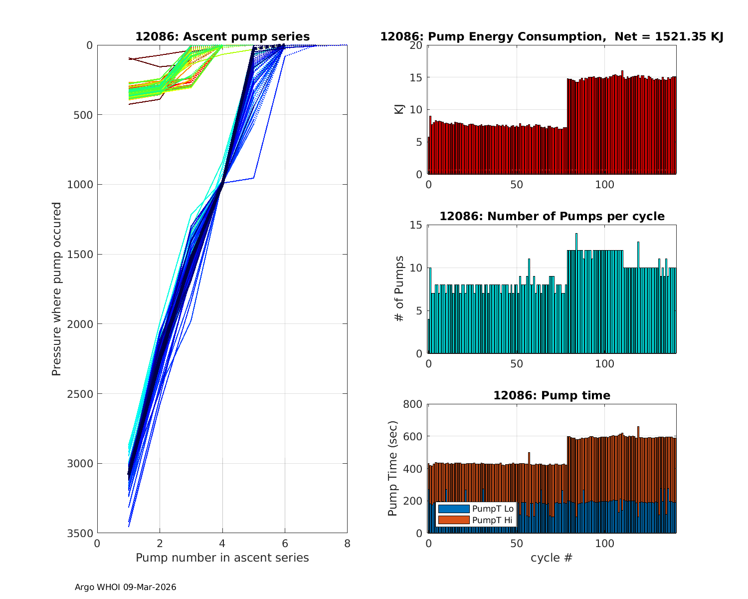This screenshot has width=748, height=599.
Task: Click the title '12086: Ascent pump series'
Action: [x=222, y=37]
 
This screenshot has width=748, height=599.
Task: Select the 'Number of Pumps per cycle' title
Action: [x=552, y=217]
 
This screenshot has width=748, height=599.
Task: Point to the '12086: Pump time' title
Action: [x=552, y=396]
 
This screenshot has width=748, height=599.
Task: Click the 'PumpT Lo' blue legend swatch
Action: [x=453, y=509]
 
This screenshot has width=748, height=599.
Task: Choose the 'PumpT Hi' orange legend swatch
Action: [x=453, y=520]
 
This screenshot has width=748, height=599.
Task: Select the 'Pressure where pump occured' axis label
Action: [x=56, y=289]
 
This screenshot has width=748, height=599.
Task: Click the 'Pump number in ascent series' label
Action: [x=222, y=558]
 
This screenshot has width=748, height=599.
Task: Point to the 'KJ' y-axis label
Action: [x=399, y=109]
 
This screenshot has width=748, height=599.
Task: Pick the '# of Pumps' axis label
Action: [x=399, y=289]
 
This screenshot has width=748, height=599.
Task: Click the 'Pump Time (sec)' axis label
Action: [x=392, y=469]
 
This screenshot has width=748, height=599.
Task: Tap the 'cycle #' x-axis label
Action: [x=552, y=558]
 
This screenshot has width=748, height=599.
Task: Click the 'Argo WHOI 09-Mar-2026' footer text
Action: [x=125, y=588]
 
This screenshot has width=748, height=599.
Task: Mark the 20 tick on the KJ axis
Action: [x=416, y=45]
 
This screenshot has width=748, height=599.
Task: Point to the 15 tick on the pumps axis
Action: [x=416, y=225]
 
